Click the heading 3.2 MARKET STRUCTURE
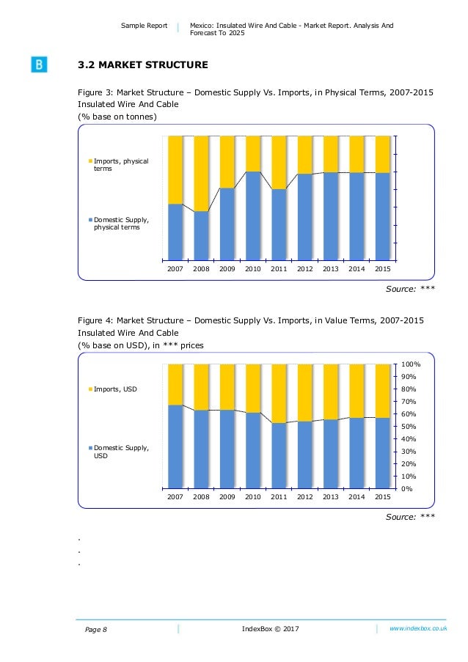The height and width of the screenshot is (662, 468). pos(142,65)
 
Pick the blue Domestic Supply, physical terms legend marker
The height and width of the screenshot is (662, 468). pos(91,219)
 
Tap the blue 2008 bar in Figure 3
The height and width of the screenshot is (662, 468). pos(201,236)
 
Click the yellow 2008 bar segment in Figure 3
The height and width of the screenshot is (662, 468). pos(201,174)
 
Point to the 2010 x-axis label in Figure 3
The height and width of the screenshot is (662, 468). pos(253,269)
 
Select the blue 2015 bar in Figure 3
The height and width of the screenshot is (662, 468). pos(382,216)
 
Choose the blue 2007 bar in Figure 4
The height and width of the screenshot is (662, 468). pos(175,446)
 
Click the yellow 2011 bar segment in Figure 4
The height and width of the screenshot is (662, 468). pos(279,393)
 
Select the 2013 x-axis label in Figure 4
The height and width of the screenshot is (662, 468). pos(331,496)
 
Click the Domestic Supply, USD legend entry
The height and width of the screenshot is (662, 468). pos(120,451)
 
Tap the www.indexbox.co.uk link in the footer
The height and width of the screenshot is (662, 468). pos(418,628)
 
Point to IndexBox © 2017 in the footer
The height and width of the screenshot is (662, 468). pos(270,628)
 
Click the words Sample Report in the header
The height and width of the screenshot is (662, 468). pos(145,26)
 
